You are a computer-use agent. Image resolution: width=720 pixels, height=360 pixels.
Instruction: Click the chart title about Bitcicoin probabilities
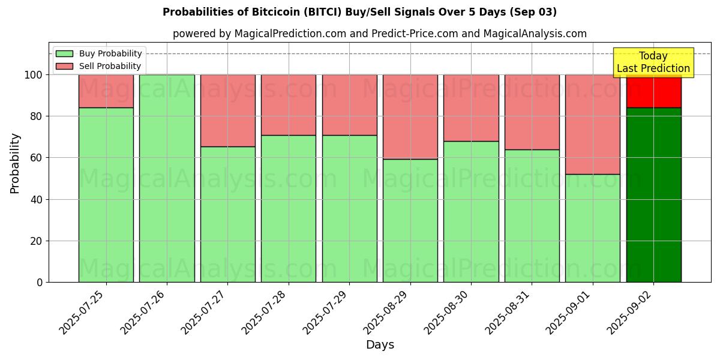click(x=359, y=12)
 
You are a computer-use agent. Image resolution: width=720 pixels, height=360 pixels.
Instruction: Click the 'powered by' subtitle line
click(x=379, y=34)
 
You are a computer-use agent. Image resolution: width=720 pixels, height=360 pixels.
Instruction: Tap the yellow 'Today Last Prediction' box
click(x=653, y=62)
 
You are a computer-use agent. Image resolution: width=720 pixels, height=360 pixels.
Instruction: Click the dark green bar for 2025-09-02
click(x=653, y=195)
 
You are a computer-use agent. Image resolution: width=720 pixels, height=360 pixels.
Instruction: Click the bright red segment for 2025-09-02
click(x=653, y=91)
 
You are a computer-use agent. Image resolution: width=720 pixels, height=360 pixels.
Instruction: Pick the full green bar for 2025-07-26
click(x=167, y=178)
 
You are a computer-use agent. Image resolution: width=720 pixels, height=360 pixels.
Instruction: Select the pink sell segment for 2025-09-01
click(x=592, y=124)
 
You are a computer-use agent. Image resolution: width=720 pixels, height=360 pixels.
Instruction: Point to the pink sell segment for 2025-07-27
click(x=227, y=110)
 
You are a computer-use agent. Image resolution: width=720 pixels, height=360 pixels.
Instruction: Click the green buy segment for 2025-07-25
click(x=106, y=195)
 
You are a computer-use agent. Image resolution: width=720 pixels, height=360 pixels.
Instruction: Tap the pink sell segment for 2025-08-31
click(x=532, y=112)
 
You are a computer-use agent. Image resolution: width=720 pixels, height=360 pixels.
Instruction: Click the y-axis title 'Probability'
click(x=15, y=163)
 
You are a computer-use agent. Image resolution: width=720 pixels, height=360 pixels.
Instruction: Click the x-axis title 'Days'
click(x=380, y=345)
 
